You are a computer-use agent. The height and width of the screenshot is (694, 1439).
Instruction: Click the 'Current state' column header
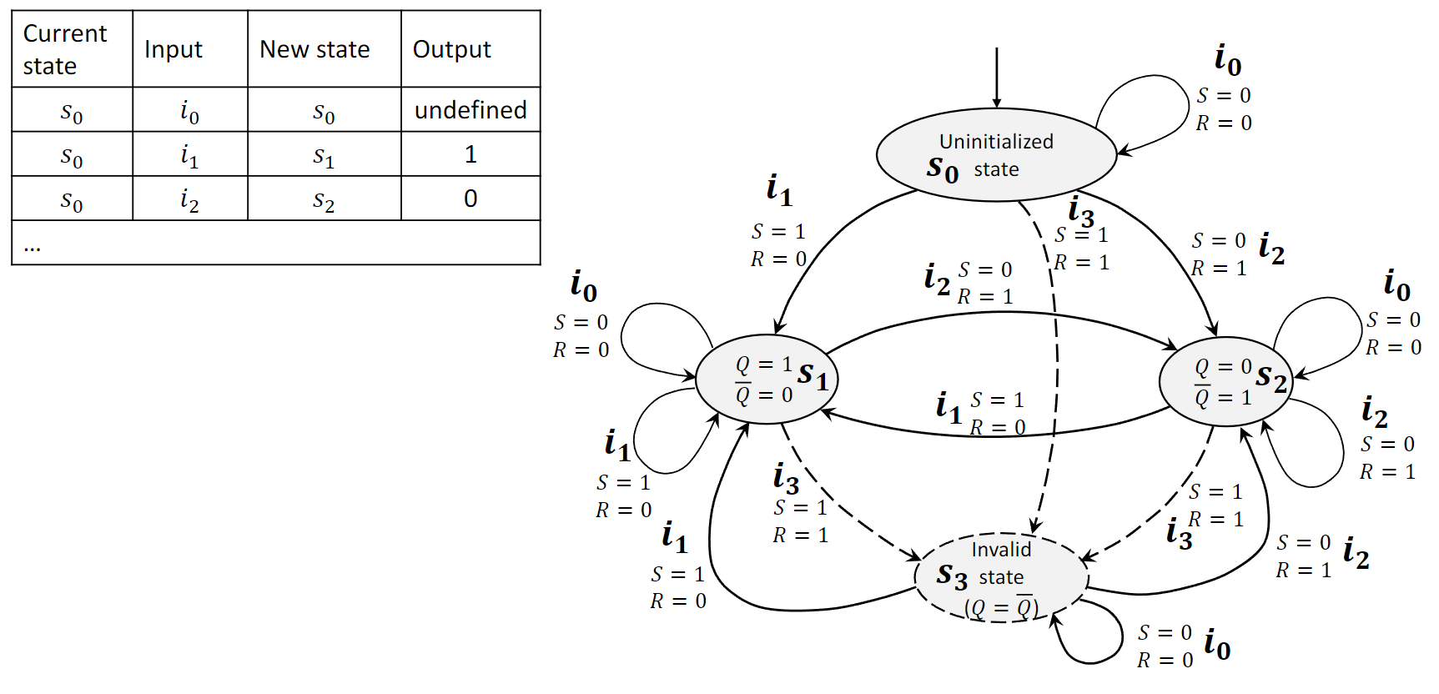click(65, 49)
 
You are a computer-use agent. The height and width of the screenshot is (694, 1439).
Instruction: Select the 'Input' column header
click(174, 49)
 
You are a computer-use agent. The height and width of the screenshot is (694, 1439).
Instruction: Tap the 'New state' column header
click(314, 49)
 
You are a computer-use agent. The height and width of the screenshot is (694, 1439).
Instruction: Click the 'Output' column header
click(452, 49)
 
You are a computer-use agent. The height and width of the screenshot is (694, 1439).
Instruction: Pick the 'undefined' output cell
click(470, 110)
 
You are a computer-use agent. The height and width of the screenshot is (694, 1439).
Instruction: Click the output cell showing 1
click(470, 154)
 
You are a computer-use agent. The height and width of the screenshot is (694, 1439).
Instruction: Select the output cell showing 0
click(470, 199)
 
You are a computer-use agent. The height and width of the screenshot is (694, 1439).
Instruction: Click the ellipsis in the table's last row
click(33, 245)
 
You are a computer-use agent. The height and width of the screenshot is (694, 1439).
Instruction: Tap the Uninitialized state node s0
click(996, 155)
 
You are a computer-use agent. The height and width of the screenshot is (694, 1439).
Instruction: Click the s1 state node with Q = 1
click(767, 380)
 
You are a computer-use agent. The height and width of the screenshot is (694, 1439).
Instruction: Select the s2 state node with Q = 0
click(1225, 381)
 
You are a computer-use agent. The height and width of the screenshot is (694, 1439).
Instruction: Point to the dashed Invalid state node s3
click(1001, 577)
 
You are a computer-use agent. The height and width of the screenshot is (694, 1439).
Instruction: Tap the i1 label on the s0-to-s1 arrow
click(779, 191)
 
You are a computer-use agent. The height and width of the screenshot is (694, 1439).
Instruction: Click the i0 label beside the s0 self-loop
click(1228, 59)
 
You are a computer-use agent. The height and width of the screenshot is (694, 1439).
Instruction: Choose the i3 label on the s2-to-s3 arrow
click(1179, 534)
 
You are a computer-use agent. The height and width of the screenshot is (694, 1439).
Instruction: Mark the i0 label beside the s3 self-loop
click(1217, 645)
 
